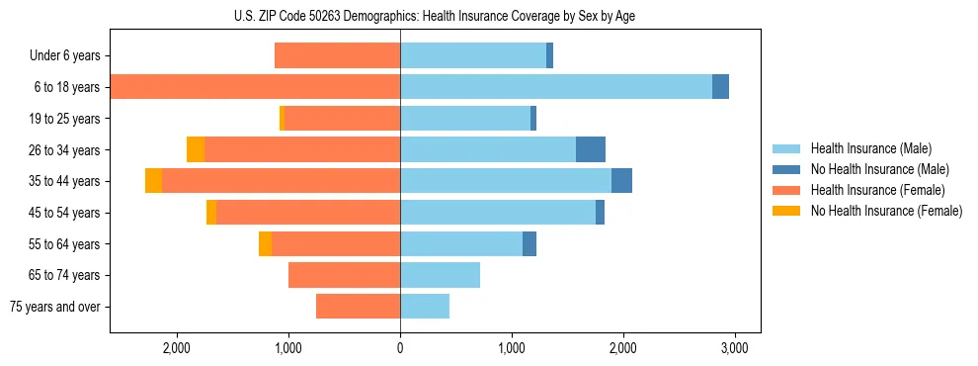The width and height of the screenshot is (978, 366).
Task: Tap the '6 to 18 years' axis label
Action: tap(67, 87)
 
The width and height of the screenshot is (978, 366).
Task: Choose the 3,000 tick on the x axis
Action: tap(733, 348)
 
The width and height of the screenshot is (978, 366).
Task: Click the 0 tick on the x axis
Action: tap(400, 348)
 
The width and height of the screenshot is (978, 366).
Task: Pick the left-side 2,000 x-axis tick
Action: tap(177, 348)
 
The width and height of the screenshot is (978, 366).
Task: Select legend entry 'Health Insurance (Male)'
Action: tap(870, 148)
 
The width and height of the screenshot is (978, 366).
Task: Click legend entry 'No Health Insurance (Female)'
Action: tap(886, 211)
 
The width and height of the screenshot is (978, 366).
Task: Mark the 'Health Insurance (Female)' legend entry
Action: tap(877, 190)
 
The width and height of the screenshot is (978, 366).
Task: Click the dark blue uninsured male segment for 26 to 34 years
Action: tap(590, 149)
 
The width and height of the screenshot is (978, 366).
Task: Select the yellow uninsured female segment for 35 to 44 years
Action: tap(153, 181)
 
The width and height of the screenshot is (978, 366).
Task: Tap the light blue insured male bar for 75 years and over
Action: tap(425, 307)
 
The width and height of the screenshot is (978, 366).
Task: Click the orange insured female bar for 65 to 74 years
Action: tap(344, 275)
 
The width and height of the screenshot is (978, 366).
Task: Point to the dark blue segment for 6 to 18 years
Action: tap(720, 87)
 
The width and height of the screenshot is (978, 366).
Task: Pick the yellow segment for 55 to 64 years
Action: tap(265, 243)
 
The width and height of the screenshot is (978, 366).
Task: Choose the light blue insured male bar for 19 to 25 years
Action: tap(464, 119)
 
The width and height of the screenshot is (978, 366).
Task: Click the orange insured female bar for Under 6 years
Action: tap(337, 56)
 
